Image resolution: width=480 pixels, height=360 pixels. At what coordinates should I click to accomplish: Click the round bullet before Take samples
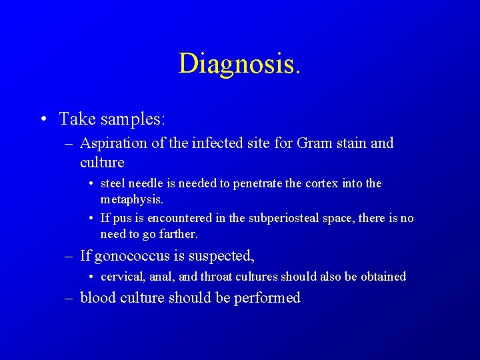click(43, 120)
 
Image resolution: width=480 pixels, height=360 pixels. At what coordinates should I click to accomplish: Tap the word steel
click(113, 183)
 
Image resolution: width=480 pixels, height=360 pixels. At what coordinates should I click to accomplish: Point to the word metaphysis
click(131, 199)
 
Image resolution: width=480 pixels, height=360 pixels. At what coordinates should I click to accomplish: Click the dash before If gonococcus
click(69, 255)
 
